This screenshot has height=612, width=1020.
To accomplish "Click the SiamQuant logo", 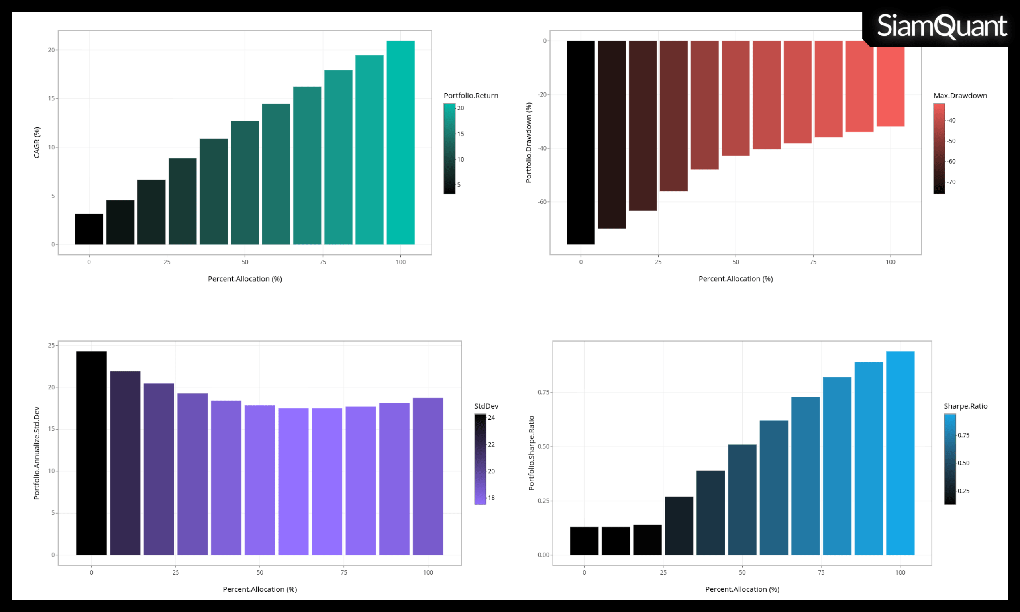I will [942, 26].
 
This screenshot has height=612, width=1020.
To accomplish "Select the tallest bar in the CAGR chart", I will [400, 142].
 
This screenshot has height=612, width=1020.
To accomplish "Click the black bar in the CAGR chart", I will [89, 229].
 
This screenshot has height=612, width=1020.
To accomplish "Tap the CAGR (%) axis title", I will [37, 142].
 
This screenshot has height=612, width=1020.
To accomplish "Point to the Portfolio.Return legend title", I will [471, 96].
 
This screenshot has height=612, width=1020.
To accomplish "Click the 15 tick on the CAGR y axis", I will [51, 99].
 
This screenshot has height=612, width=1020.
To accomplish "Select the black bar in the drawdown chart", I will [581, 142].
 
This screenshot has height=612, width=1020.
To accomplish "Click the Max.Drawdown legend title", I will [960, 96].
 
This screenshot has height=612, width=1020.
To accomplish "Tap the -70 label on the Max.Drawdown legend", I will [951, 182].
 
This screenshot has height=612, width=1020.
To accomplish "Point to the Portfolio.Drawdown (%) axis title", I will [529, 142].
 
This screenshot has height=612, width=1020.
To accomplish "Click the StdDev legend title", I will [486, 406].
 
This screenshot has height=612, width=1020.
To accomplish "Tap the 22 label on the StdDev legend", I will [491, 444].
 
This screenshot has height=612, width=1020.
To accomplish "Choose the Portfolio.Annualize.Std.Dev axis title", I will [37, 453].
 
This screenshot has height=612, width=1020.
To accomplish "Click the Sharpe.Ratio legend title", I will [965, 406].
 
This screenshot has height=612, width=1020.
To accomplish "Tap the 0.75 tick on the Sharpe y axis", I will [543, 392].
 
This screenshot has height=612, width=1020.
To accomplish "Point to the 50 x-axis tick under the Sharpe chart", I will [742, 573].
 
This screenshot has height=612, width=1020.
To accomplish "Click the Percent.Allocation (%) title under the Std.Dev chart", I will [259, 589].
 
